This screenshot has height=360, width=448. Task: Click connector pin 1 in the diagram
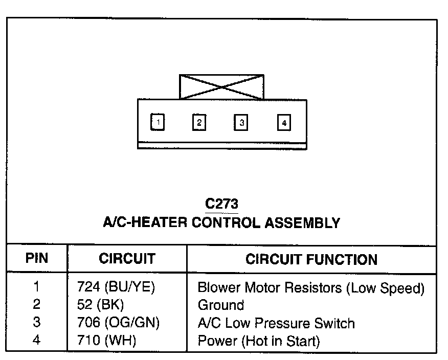pyautogui.click(x=159, y=123)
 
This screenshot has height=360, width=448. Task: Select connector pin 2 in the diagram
pyautogui.click(x=199, y=123)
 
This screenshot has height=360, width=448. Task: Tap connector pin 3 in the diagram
pyautogui.click(x=241, y=123)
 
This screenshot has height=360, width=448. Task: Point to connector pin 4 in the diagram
pyautogui.click(x=284, y=123)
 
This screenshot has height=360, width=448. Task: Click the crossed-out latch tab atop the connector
pyautogui.click(x=221, y=87)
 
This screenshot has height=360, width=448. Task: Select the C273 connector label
pyautogui.click(x=221, y=204)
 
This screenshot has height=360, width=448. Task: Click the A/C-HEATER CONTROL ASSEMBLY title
pyautogui.click(x=221, y=222)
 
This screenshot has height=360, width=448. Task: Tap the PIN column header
pyautogui.click(x=36, y=258)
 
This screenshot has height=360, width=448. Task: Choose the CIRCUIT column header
pyautogui.click(x=127, y=259)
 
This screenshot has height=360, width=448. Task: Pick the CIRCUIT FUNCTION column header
pyautogui.click(x=311, y=259)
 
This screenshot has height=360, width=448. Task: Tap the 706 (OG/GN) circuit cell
pyautogui.click(x=115, y=323)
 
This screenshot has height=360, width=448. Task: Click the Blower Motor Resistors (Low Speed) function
pyautogui.click(x=311, y=288)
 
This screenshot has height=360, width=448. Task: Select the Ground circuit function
pyautogui.click(x=221, y=306)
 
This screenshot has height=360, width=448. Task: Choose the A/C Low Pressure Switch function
pyautogui.click(x=276, y=323)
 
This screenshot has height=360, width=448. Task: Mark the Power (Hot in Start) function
pyautogui.click(x=259, y=341)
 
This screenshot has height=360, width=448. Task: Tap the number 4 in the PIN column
pyautogui.click(x=36, y=341)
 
